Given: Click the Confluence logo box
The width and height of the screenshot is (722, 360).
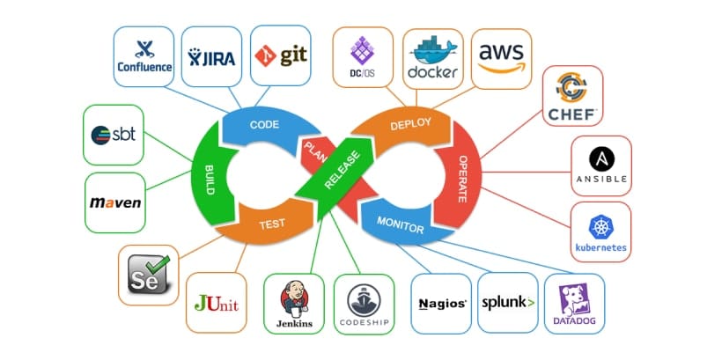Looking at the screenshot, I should click(144, 56).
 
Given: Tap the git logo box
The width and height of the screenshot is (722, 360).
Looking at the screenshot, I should click(280, 56).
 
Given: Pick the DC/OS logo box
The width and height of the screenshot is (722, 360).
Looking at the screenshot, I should click(362, 56).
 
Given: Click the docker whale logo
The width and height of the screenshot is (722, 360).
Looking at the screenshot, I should click(432, 56).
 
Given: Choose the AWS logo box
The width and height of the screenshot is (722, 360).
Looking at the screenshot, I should click(500, 56).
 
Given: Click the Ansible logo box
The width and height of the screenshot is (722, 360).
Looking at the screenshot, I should click(600, 165).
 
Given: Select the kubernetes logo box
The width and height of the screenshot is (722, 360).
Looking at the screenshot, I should click(600, 232).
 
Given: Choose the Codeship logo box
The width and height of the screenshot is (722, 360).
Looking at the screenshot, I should click(364, 303).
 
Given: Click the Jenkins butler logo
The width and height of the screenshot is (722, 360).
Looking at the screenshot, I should click(294, 298).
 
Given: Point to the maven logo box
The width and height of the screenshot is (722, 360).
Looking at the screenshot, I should click(115, 202).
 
